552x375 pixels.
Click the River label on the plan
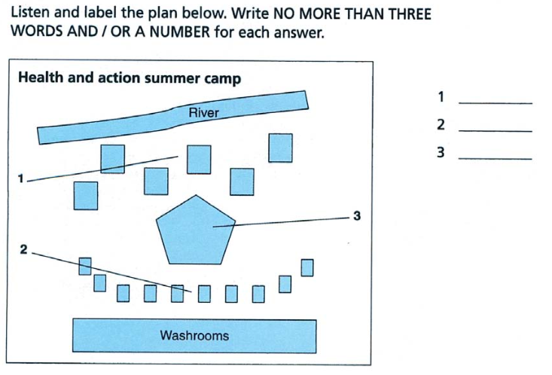pos(204,113)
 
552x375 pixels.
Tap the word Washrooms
pos(194,335)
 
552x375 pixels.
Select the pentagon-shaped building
pos(196,230)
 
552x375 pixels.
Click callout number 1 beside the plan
pos(21,178)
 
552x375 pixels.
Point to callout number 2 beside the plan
pos(23,249)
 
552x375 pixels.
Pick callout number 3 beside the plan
pos(357,215)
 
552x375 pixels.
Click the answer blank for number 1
pos(496,103)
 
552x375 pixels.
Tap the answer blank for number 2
pos(496,131)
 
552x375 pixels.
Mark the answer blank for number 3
pos(496,159)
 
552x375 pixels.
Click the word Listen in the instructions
pos(31,13)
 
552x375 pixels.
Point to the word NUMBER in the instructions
pos(180,32)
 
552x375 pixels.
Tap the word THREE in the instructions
pos(410,14)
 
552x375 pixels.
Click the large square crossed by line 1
pos(113,159)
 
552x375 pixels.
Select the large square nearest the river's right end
pos(280,148)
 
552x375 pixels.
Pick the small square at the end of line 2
pos(178,294)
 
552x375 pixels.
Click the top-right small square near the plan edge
pos(307,267)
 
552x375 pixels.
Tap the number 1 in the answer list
pos(441,96)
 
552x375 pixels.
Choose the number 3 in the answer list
pos(441,152)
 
